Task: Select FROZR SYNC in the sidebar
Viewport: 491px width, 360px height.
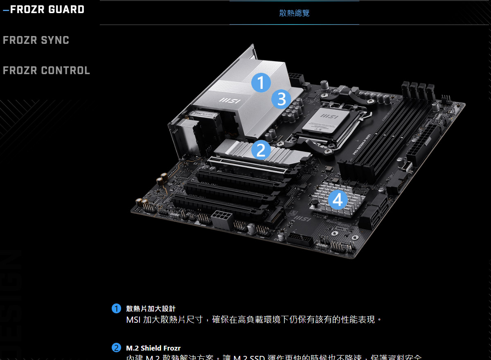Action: point(36,40)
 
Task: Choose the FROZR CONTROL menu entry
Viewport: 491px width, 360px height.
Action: point(46,70)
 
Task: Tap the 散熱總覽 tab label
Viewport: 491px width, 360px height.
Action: point(294,13)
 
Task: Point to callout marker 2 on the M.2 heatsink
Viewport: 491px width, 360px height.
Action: point(261,149)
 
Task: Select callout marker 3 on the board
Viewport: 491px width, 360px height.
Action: point(281,99)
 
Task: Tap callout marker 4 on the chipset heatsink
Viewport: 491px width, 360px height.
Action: point(338,200)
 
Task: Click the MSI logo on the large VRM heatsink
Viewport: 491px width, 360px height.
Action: point(230,100)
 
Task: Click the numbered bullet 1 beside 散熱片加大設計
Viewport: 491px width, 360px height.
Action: point(116,308)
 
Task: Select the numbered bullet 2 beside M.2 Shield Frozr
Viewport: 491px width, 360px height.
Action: point(116,348)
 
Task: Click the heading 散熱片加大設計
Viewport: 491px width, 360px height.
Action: point(151,308)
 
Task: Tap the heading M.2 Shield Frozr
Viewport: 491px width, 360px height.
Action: point(153,348)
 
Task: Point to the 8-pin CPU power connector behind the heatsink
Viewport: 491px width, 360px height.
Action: point(296,77)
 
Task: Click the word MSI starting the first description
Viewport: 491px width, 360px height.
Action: point(133,319)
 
